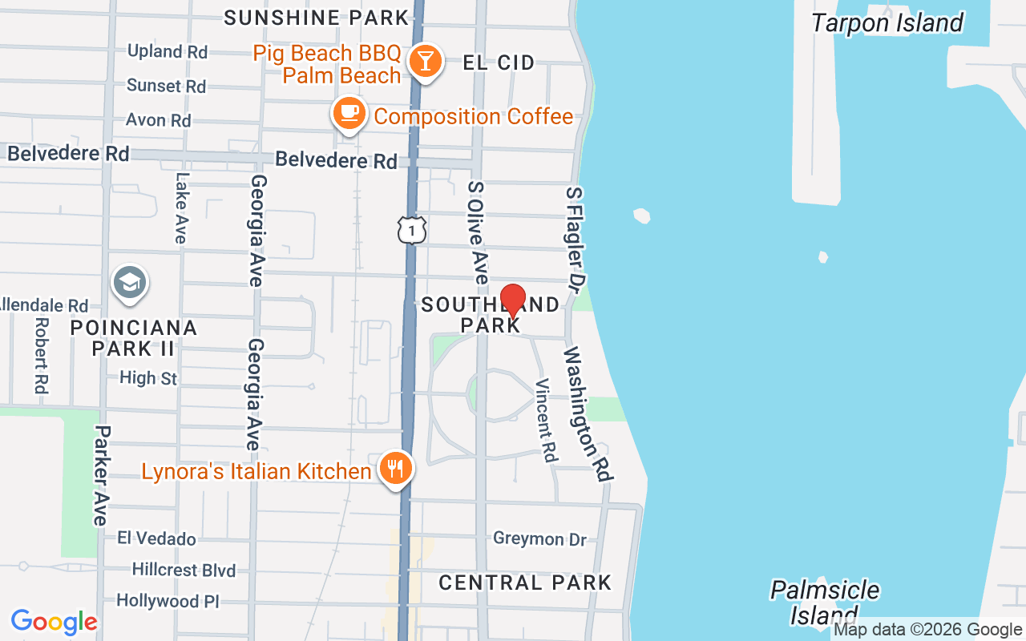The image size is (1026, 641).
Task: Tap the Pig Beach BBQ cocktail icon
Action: (x=425, y=61)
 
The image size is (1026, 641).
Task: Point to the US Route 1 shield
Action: (x=411, y=230)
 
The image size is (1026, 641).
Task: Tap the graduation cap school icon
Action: (x=129, y=282)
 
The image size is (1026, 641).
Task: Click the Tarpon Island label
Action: (x=887, y=23)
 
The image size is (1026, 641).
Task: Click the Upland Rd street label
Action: (x=168, y=51)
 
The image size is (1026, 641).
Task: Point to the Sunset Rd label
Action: (x=166, y=86)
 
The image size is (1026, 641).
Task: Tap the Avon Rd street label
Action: (x=159, y=120)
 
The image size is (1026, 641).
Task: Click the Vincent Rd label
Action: (x=547, y=420)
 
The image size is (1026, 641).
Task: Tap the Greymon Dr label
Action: (x=539, y=538)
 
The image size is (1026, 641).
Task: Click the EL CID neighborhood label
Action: (x=499, y=62)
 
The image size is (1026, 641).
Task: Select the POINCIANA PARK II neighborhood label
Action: (x=133, y=337)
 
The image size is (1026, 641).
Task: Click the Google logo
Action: (x=54, y=622)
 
